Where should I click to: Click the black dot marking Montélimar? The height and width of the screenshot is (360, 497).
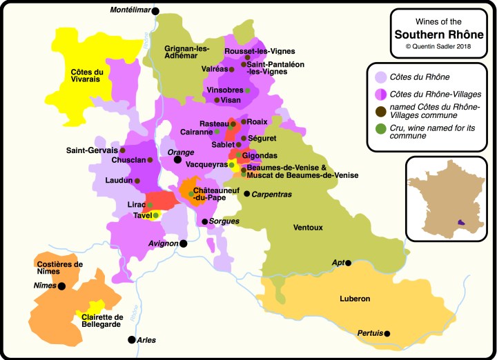[x=155, y=11]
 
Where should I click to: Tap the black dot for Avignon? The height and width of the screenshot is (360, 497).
[x=184, y=243]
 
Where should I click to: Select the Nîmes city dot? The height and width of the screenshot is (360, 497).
[x=61, y=286]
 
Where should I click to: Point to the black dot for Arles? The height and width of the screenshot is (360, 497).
[x=131, y=339]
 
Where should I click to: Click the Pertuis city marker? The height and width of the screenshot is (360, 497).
[x=387, y=334]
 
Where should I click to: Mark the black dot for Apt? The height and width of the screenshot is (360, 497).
[x=349, y=263]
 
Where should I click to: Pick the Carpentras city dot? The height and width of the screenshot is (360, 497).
[x=246, y=194]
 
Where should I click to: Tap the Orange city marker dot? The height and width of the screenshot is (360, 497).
[x=177, y=159]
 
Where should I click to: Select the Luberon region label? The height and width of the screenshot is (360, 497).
[x=355, y=299]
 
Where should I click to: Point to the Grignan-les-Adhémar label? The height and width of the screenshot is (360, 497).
[x=186, y=52]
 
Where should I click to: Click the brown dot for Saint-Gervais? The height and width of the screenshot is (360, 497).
[x=123, y=150]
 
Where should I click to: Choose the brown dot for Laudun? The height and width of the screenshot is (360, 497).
[x=137, y=181]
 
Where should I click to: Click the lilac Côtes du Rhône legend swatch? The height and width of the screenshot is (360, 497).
[x=380, y=77]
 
